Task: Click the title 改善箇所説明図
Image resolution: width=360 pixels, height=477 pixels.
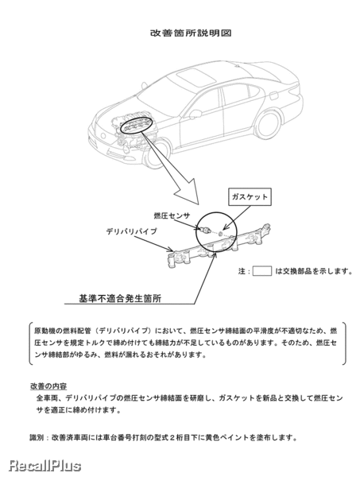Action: click(x=191, y=33)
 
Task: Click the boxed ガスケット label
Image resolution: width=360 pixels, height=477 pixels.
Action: click(x=250, y=196)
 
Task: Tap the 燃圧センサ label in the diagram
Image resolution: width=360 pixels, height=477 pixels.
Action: click(x=172, y=215)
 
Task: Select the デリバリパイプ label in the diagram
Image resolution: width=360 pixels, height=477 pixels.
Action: click(x=132, y=231)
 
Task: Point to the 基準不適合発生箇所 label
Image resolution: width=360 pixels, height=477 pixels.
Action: click(x=120, y=298)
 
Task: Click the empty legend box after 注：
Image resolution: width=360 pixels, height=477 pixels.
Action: click(x=261, y=270)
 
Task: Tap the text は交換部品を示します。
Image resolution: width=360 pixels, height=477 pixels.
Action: click(x=313, y=271)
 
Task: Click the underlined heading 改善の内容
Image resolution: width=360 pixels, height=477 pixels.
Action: click(x=48, y=386)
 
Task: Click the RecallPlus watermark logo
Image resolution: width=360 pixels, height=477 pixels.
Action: click(x=45, y=466)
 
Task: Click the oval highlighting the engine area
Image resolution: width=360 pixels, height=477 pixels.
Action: click(x=136, y=126)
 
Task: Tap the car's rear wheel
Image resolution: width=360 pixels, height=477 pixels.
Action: click(x=268, y=125)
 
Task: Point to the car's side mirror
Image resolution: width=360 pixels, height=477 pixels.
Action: click(x=195, y=114)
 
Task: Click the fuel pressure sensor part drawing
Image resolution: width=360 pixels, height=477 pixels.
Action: click(x=203, y=229)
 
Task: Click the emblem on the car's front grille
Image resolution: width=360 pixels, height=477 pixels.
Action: click(x=103, y=136)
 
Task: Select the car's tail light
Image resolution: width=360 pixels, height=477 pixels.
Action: click(x=294, y=91)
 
